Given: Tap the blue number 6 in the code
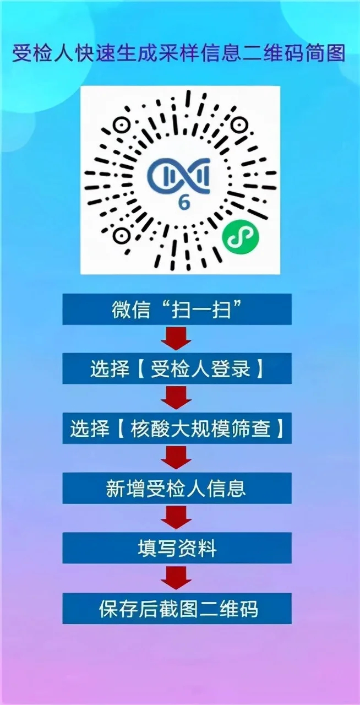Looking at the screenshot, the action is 184,203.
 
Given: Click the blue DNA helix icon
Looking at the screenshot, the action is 179,175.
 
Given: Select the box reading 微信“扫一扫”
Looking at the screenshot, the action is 177,309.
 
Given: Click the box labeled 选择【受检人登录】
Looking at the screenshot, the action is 177,368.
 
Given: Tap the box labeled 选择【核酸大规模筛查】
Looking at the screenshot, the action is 177,429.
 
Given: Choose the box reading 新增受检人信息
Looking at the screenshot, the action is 177,488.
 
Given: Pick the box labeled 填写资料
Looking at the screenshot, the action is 177,548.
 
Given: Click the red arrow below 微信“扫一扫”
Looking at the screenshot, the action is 176,339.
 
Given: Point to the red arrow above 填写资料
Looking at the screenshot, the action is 176,518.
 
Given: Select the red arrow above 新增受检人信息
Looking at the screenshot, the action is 176,458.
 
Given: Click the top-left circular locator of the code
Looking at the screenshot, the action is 122,126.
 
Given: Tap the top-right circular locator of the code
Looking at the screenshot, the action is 238,126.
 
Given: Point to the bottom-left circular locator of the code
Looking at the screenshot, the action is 122,235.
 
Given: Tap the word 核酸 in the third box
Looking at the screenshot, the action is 150,429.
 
